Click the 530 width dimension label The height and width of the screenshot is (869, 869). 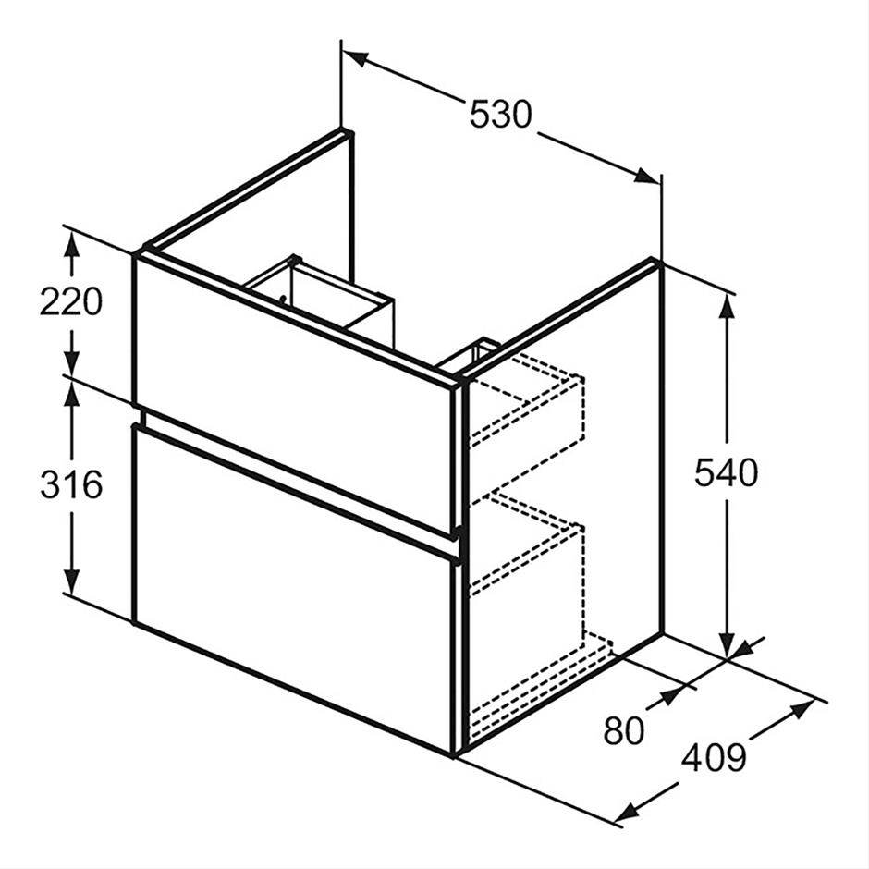coord(500,115)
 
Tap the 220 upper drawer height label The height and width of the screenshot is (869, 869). coord(71,302)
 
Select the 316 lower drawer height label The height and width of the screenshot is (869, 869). coord(71,483)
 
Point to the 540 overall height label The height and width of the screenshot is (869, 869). coord(726,472)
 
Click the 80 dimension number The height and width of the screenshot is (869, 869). coord(623,730)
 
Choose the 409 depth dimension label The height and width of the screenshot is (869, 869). coord(714,758)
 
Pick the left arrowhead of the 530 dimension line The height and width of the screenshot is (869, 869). coord(355,57)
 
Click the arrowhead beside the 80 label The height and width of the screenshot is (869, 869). coord(672,695)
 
